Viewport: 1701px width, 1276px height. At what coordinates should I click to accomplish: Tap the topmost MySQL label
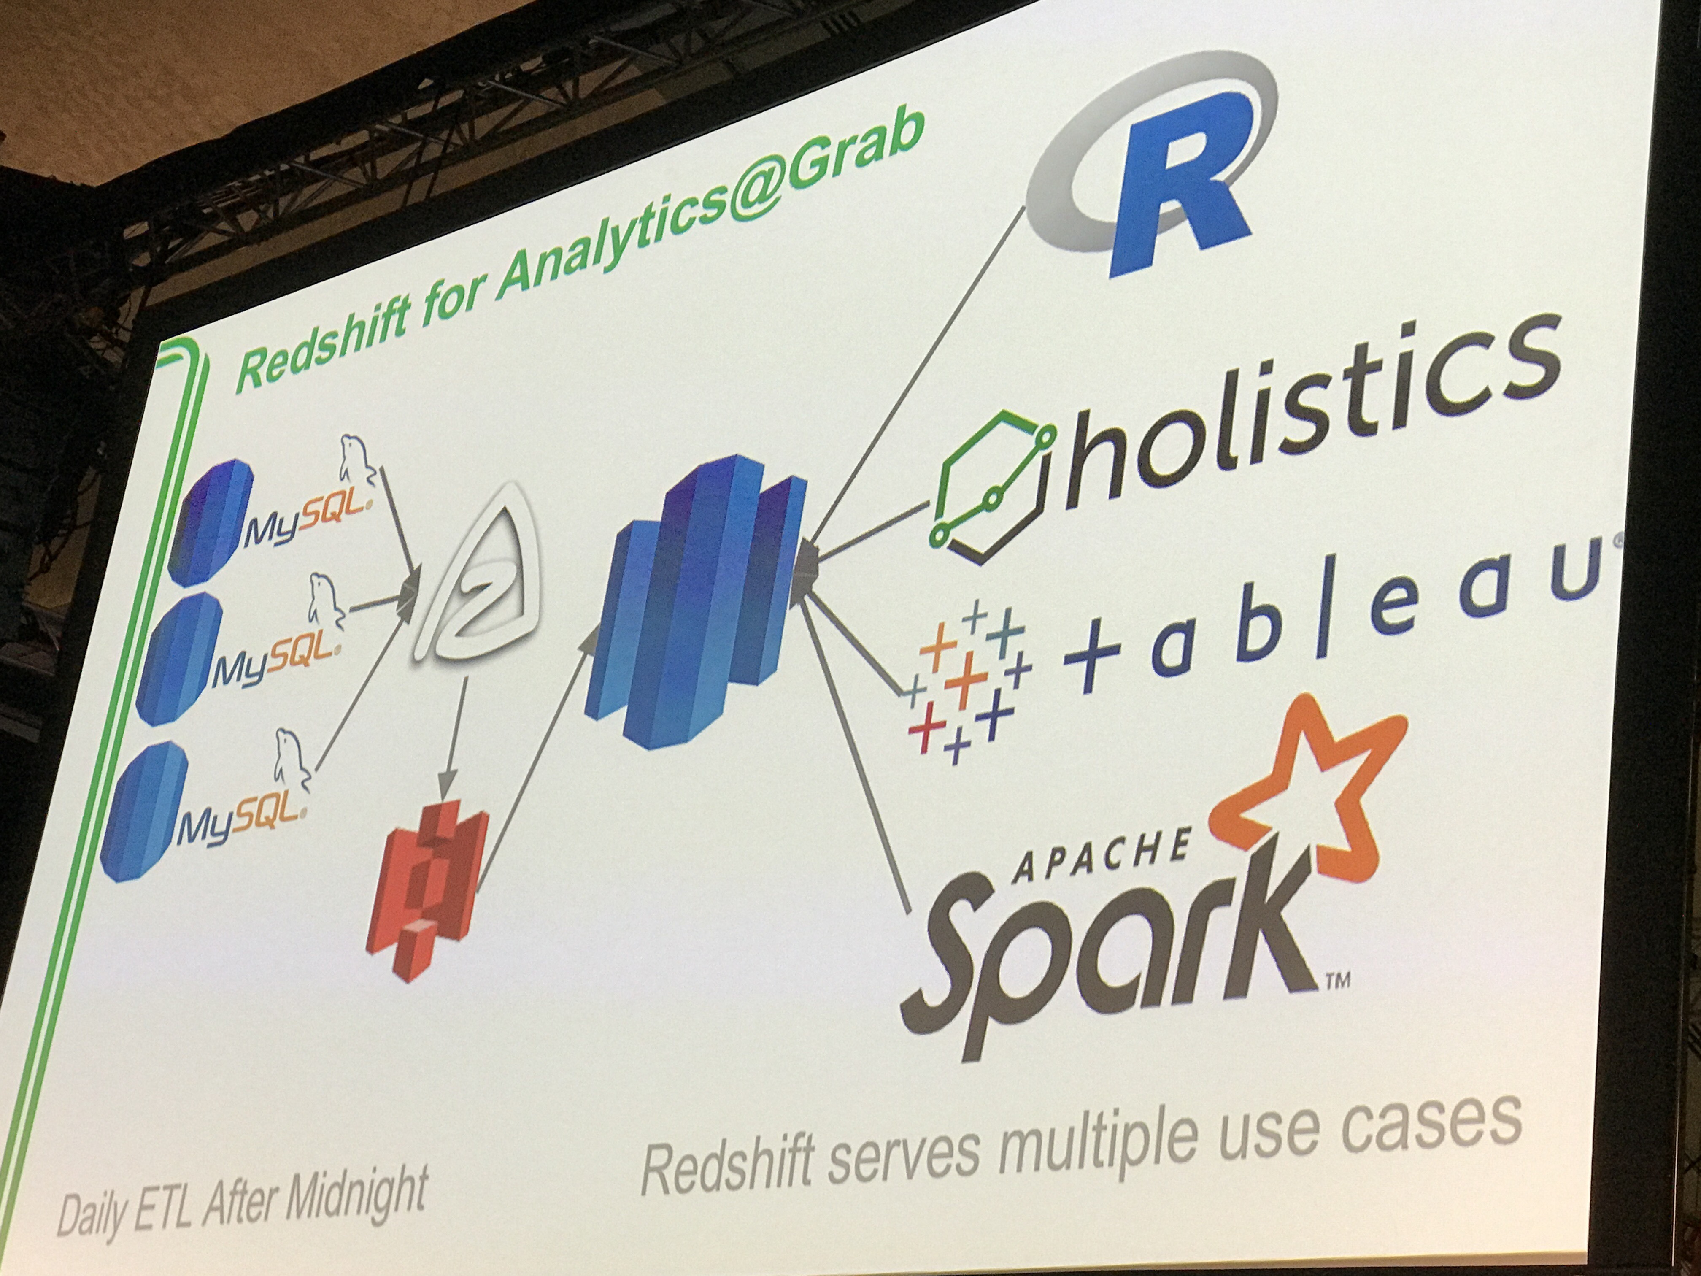pos(308,519)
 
